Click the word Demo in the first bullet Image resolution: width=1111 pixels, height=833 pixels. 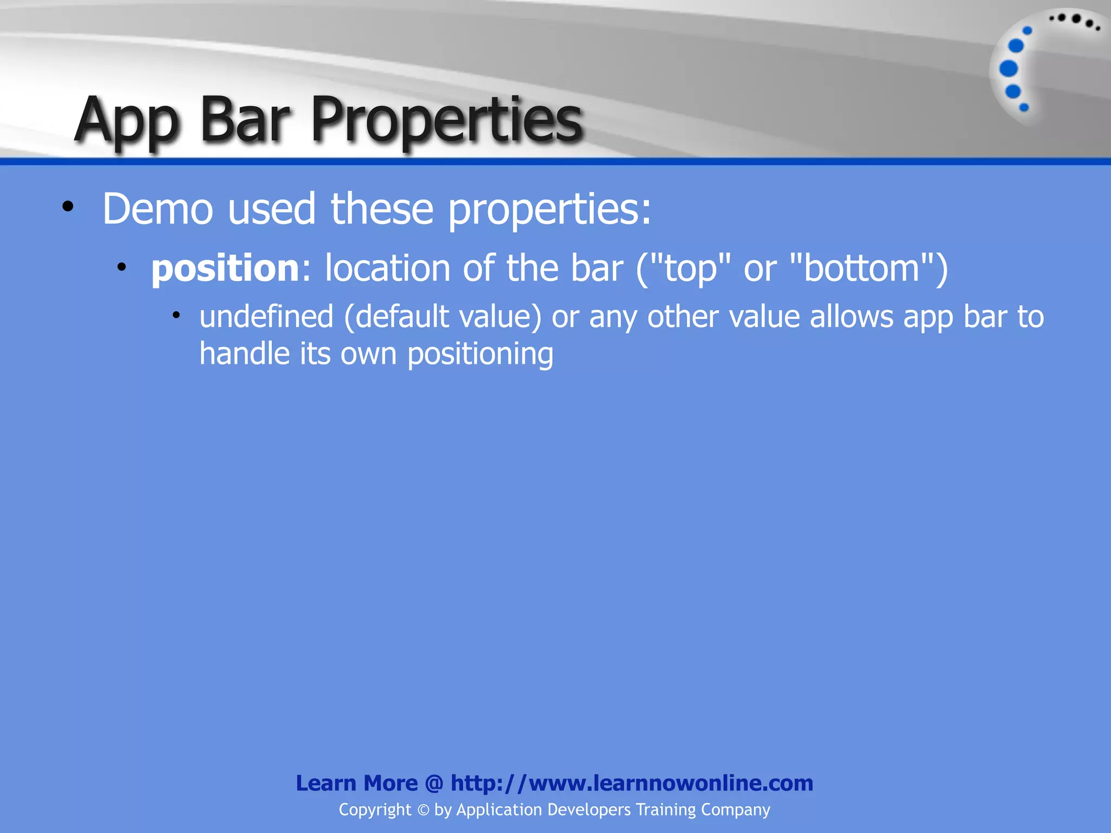157,209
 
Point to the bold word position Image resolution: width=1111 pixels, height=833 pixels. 225,268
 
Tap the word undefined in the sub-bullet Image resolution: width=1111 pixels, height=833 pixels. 266,317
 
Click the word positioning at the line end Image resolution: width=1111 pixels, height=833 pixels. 480,354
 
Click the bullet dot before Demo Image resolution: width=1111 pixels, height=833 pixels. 67,207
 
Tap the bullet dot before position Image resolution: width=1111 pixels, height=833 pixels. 122,267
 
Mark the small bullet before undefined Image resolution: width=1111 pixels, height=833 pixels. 176,315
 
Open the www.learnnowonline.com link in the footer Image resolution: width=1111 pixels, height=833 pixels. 632,783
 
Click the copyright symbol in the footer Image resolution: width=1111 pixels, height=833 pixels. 423,810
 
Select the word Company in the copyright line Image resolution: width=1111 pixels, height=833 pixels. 735,810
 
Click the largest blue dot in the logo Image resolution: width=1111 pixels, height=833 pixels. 1008,69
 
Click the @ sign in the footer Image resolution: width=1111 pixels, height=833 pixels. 434,783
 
